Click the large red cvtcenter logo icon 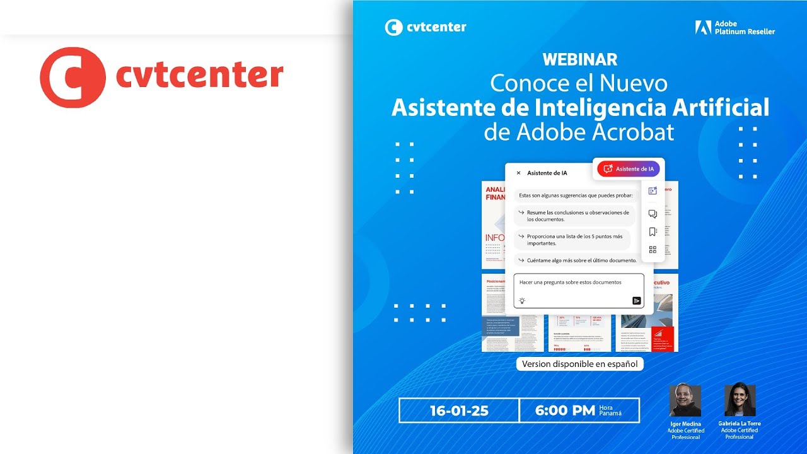72,77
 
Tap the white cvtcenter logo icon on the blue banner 393,27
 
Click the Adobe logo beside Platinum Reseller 703,27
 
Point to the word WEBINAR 580,60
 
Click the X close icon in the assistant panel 519,173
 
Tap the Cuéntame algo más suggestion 576,260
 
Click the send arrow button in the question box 637,301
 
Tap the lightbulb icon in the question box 522,301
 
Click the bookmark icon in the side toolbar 653,232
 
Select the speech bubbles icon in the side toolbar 653,214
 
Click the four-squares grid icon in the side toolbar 653,250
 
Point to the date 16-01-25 459,411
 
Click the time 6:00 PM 565,411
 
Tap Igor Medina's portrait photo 685,400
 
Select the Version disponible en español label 579,364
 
